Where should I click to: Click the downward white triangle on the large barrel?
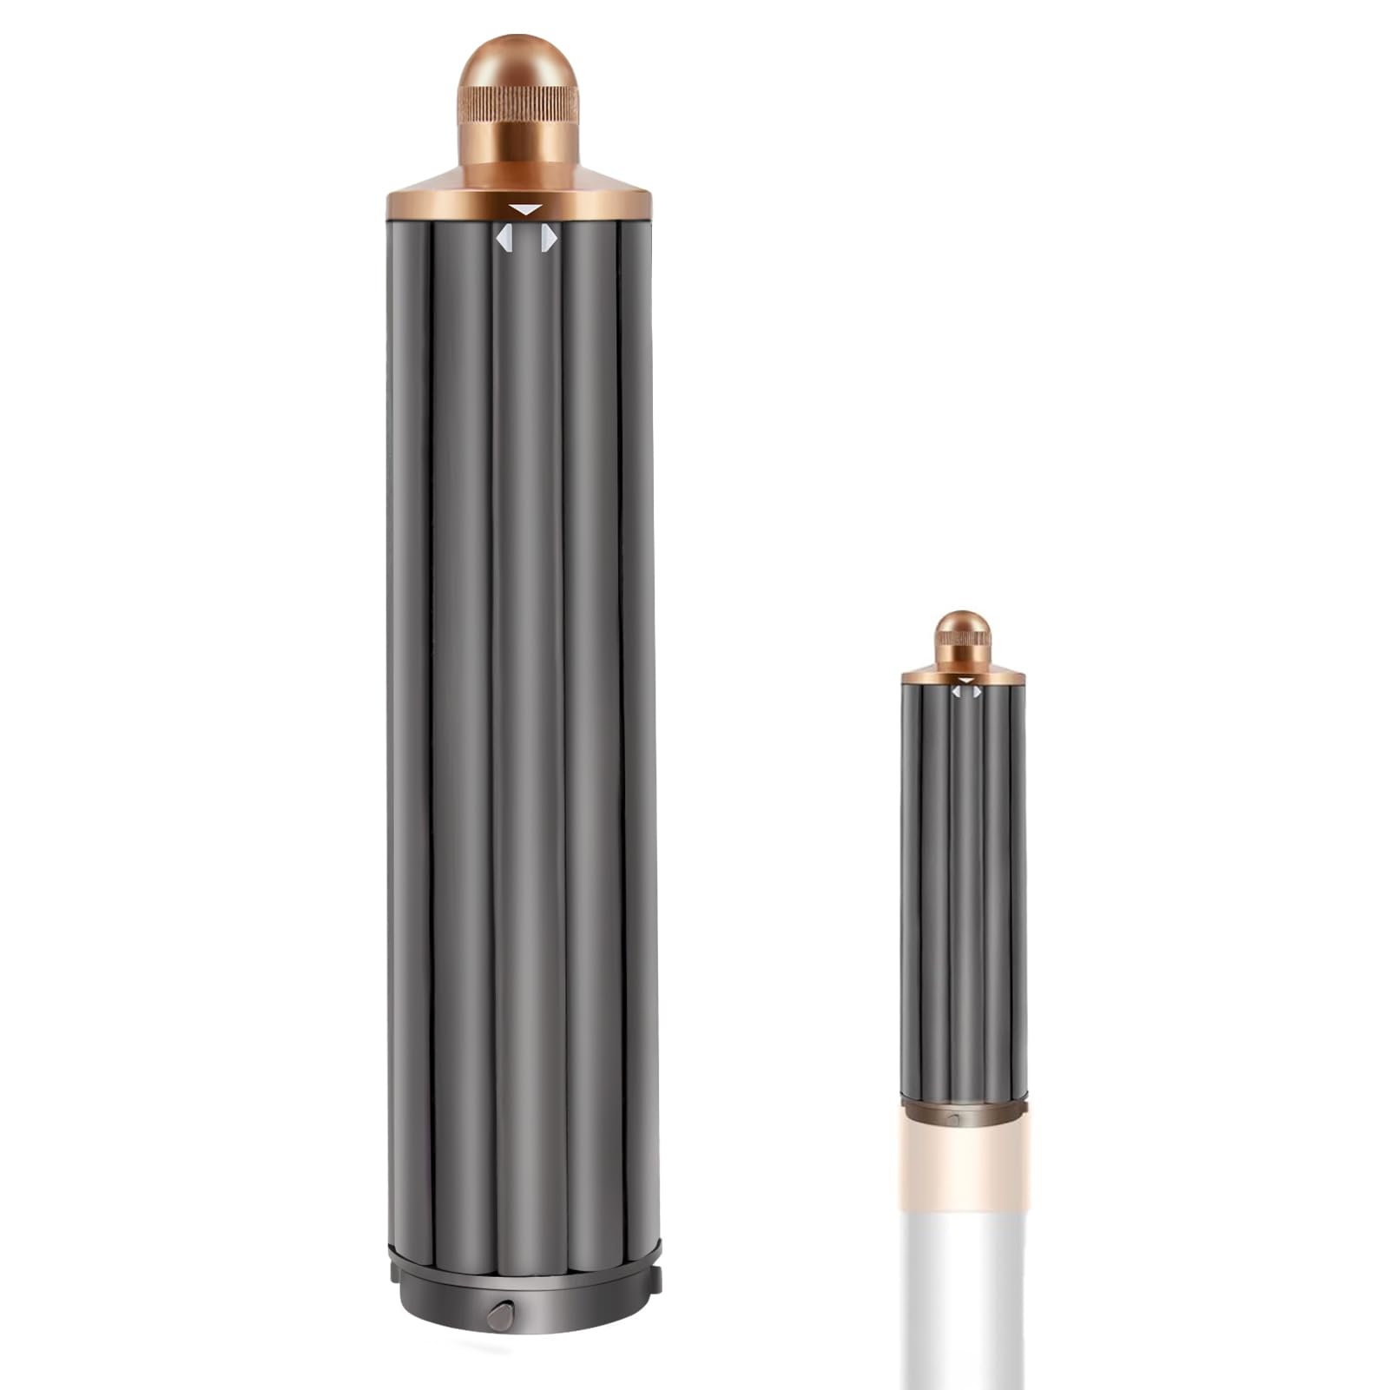tap(526, 209)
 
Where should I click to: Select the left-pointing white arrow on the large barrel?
tap(503, 238)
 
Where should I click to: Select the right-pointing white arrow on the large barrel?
tap(548, 238)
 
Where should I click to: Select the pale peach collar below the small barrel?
tap(964, 1163)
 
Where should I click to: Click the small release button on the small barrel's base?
tap(953, 1120)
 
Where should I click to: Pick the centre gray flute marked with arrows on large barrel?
tap(525, 695)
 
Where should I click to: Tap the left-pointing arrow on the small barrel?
tap(956, 692)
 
